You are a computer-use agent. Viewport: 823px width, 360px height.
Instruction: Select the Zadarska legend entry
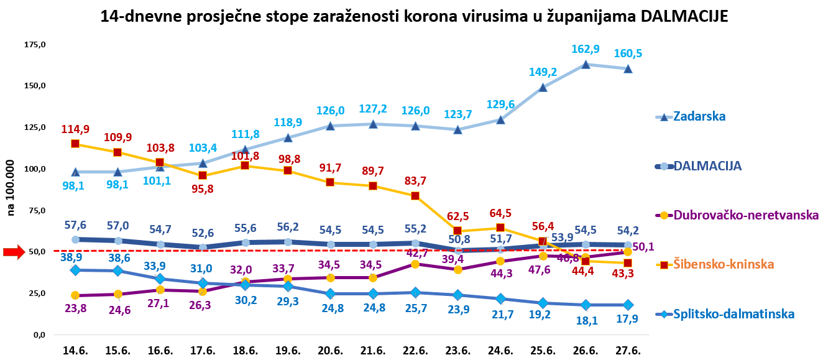pos(699,116)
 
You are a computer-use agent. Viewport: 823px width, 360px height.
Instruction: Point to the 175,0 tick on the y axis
pos(35,45)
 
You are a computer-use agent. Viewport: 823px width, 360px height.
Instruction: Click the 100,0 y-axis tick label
pos(35,169)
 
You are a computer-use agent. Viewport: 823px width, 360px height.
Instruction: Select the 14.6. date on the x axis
pos(75,351)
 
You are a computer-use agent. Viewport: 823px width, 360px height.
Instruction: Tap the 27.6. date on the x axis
pos(628,351)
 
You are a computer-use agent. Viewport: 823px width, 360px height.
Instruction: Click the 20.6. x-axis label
pos(330,351)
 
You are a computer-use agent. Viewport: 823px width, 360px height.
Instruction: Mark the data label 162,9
pos(586,49)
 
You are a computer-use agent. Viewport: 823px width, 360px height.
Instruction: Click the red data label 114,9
pos(75,129)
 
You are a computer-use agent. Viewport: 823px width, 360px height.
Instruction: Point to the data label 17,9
pos(628,320)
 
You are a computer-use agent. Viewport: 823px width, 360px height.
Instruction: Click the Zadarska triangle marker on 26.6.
pos(586,64)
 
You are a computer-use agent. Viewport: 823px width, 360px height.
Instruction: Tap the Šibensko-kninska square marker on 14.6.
pos(75,144)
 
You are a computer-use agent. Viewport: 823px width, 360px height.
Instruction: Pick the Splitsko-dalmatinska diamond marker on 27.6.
pos(628,305)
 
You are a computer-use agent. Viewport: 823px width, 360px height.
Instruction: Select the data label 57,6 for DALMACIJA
pos(75,224)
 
